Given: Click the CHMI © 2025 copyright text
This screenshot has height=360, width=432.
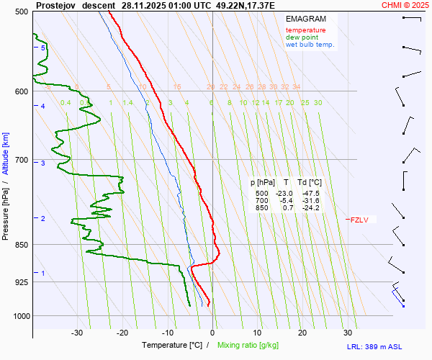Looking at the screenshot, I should pyautogui.click(x=404, y=5).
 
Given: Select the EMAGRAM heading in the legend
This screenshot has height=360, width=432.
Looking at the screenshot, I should pyautogui.click(x=305, y=18).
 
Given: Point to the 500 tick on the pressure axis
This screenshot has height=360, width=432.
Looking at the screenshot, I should pyautogui.click(x=21, y=12).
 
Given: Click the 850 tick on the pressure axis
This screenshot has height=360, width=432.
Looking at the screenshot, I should pyautogui.click(x=21, y=245).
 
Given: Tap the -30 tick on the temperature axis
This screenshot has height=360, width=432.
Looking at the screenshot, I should pyautogui.click(x=77, y=333).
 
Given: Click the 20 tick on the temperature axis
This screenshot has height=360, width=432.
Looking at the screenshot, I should pyautogui.click(x=302, y=333).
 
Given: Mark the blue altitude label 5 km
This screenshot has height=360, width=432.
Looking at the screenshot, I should pyautogui.click(x=43, y=48).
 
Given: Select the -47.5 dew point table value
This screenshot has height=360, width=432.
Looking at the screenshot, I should pyautogui.click(x=311, y=194).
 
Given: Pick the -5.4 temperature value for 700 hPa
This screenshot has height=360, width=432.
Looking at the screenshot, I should pyautogui.click(x=285, y=201).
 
